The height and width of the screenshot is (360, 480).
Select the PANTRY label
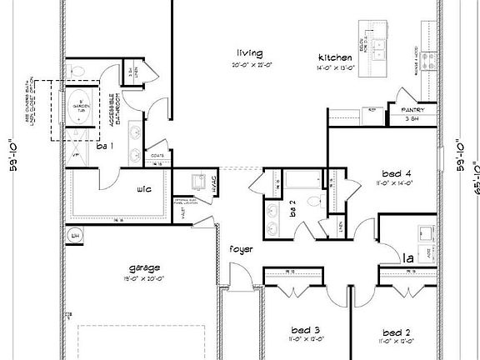414,109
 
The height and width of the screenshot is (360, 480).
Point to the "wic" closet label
143,188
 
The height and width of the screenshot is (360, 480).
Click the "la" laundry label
409,259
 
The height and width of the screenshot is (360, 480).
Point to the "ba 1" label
104,147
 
